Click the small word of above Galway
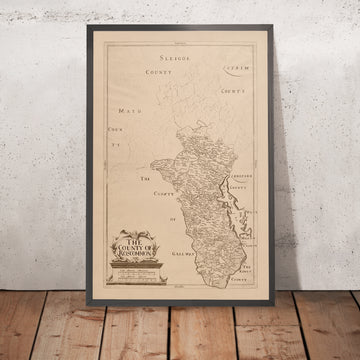pyautogui.click(x=173, y=218)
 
